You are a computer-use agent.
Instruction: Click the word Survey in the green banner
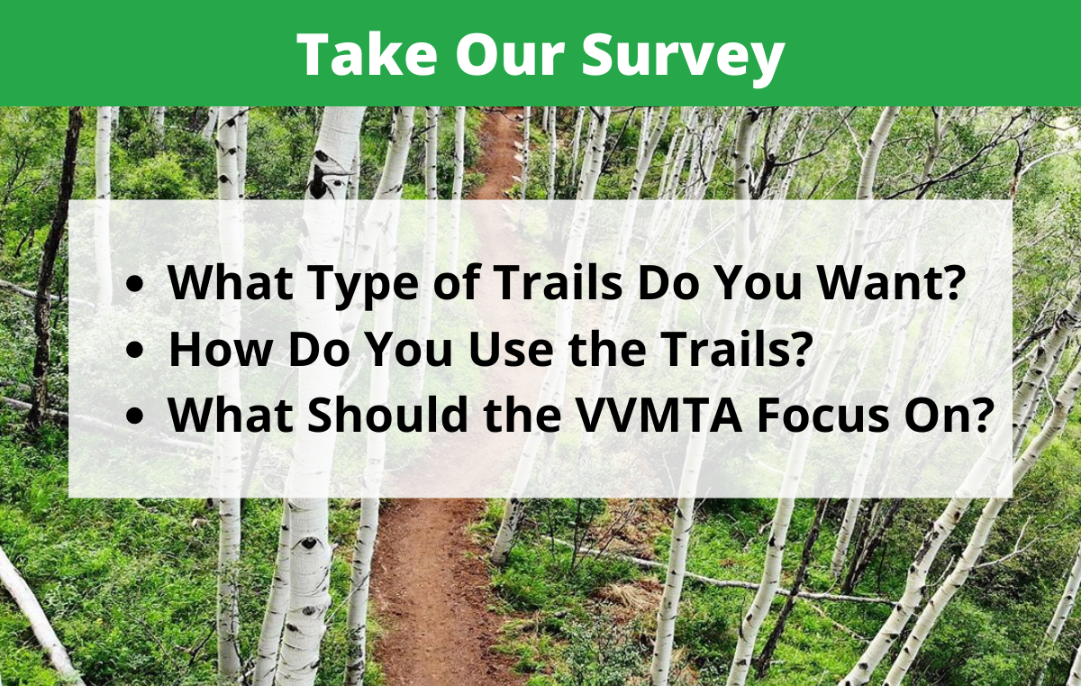(683, 57)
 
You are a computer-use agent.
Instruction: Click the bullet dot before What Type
(134, 284)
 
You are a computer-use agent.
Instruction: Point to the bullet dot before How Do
(134, 350)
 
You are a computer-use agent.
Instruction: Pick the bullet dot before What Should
(134, 416)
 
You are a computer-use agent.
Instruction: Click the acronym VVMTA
(659, 414)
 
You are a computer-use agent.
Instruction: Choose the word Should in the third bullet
(387, 414)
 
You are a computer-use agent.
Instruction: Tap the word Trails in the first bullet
(558, 282)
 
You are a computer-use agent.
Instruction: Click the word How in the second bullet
(221, 348)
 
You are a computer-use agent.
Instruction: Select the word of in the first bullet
(456, 281)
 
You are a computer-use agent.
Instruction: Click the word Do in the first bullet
(668, 282)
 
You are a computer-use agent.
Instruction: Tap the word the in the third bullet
(522, 414)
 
